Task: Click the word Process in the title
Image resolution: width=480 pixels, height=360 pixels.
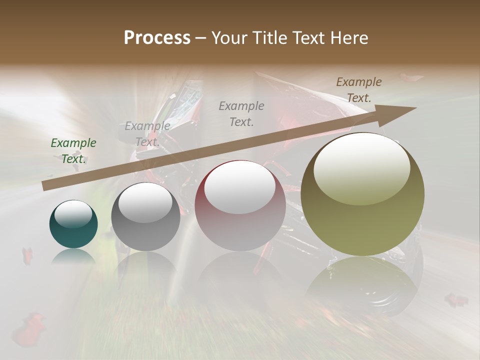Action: (157, 38)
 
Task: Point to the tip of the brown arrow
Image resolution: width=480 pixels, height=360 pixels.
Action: (415, 107)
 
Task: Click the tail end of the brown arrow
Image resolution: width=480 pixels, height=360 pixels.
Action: (44, 186)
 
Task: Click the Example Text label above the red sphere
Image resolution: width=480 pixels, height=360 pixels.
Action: (241, 113)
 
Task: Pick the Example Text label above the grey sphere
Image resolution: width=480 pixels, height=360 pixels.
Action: (147, 134)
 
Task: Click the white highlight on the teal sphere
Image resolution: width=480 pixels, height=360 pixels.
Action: (73, 214)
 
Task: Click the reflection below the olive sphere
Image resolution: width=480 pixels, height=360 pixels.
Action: (362, 285)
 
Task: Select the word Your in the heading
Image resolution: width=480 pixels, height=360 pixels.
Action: (229, 38)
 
